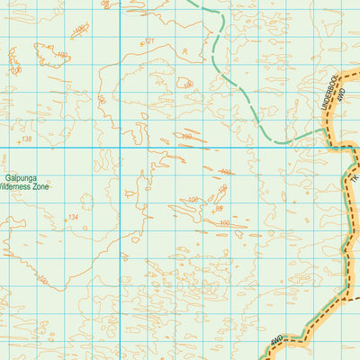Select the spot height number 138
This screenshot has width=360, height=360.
25,139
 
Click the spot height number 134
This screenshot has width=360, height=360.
73,218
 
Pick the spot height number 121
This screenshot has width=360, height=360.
150,41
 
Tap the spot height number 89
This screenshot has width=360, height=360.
217,209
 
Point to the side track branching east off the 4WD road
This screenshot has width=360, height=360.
353,296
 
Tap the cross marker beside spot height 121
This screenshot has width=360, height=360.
141,43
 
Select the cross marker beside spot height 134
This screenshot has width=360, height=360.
64,219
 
